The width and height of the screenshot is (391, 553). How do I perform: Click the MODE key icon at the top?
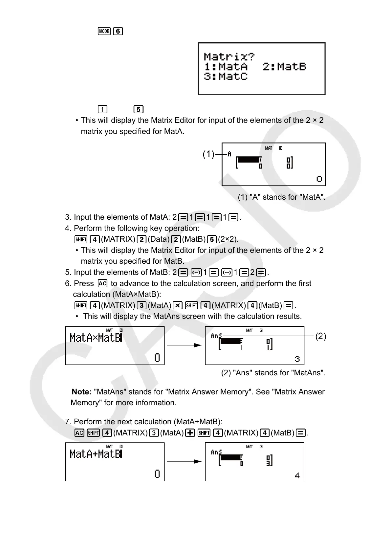coord(104,31)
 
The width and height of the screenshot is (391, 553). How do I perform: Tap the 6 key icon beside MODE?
coord(118,31)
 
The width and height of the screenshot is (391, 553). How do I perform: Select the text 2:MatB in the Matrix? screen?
coord(284,67)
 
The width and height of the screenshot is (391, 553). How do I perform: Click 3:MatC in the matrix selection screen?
coord(226,77)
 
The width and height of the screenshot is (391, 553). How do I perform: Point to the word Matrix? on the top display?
coord(229,56)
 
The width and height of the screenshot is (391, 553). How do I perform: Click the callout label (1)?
coord(208,154)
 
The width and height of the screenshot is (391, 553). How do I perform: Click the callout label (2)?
coord(320,336)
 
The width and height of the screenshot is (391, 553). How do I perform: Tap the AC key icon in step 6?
coord(102,283)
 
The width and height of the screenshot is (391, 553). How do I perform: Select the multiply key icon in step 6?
coord(178,305)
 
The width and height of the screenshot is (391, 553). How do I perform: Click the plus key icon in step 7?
coord(190,433)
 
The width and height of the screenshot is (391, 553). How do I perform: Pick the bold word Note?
coord(81,392)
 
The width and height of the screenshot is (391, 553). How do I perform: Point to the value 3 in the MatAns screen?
coord(297,359)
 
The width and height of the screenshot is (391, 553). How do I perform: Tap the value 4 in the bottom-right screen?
coord(297,475)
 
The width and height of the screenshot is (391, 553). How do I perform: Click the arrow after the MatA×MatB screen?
coord(184,345)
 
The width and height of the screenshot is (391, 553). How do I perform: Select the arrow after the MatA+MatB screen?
coord(184,461)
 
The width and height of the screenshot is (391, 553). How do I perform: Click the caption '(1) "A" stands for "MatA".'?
coord(281,197)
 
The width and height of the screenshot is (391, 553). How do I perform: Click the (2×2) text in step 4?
coord(228,239)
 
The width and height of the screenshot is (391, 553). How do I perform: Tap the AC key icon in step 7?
coord(79,433)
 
